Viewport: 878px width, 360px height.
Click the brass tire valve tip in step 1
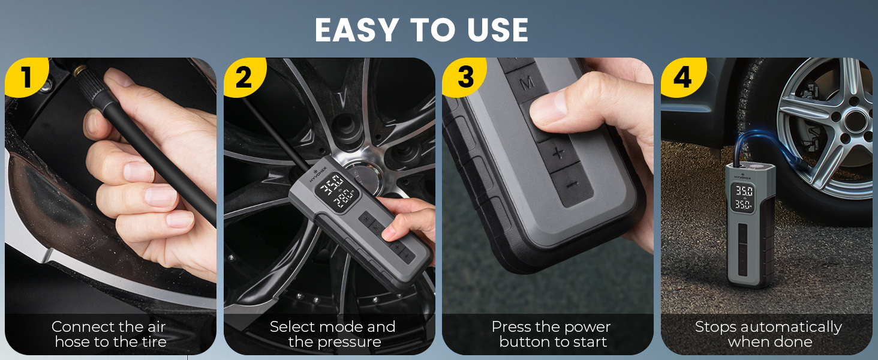[79, 71]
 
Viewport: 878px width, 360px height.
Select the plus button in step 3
[558, 152]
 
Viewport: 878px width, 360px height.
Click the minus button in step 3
[572, 184]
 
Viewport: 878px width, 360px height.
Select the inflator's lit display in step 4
[744, 199]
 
